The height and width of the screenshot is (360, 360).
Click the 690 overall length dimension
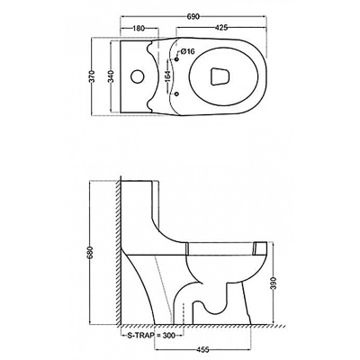pyautogui.click(x=193, y=16)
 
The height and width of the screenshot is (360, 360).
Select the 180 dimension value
pyautogui.click(x=139, y=28)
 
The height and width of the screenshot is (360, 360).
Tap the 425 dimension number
pyautogui.click(x=222, y=28)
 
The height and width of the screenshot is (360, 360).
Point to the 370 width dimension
pyautogui.click(x=93, y=76)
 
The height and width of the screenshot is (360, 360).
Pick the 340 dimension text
pyautogui.click(x=112, y=76)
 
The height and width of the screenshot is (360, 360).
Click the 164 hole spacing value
pyautogui.click(x=167, y=76)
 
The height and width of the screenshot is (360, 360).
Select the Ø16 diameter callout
pyautogui.click(x=188, y=51)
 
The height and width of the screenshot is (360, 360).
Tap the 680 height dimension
pyautogui.click(x=93, y=253)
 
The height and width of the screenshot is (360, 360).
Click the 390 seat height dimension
pyautogui.click(x=273, y=283)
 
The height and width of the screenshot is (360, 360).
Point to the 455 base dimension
pyautogui.click(x=202, y=350)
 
